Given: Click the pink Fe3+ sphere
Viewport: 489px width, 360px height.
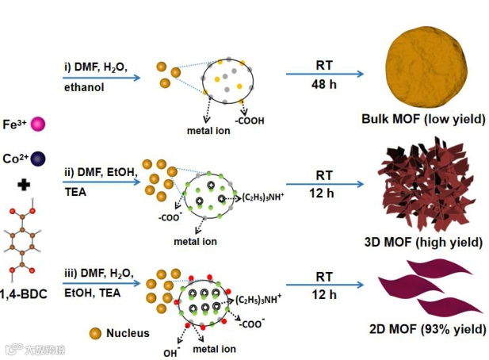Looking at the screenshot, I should (x=36, y=124).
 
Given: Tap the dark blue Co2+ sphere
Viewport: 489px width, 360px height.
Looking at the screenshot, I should (x=38, y=158).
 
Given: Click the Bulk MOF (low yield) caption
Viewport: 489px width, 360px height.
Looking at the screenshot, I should (x=423, y=120).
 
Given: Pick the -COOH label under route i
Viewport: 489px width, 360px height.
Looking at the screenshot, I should (x=249, y=121).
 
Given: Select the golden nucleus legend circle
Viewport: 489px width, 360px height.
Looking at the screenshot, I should (x=96, y=333).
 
